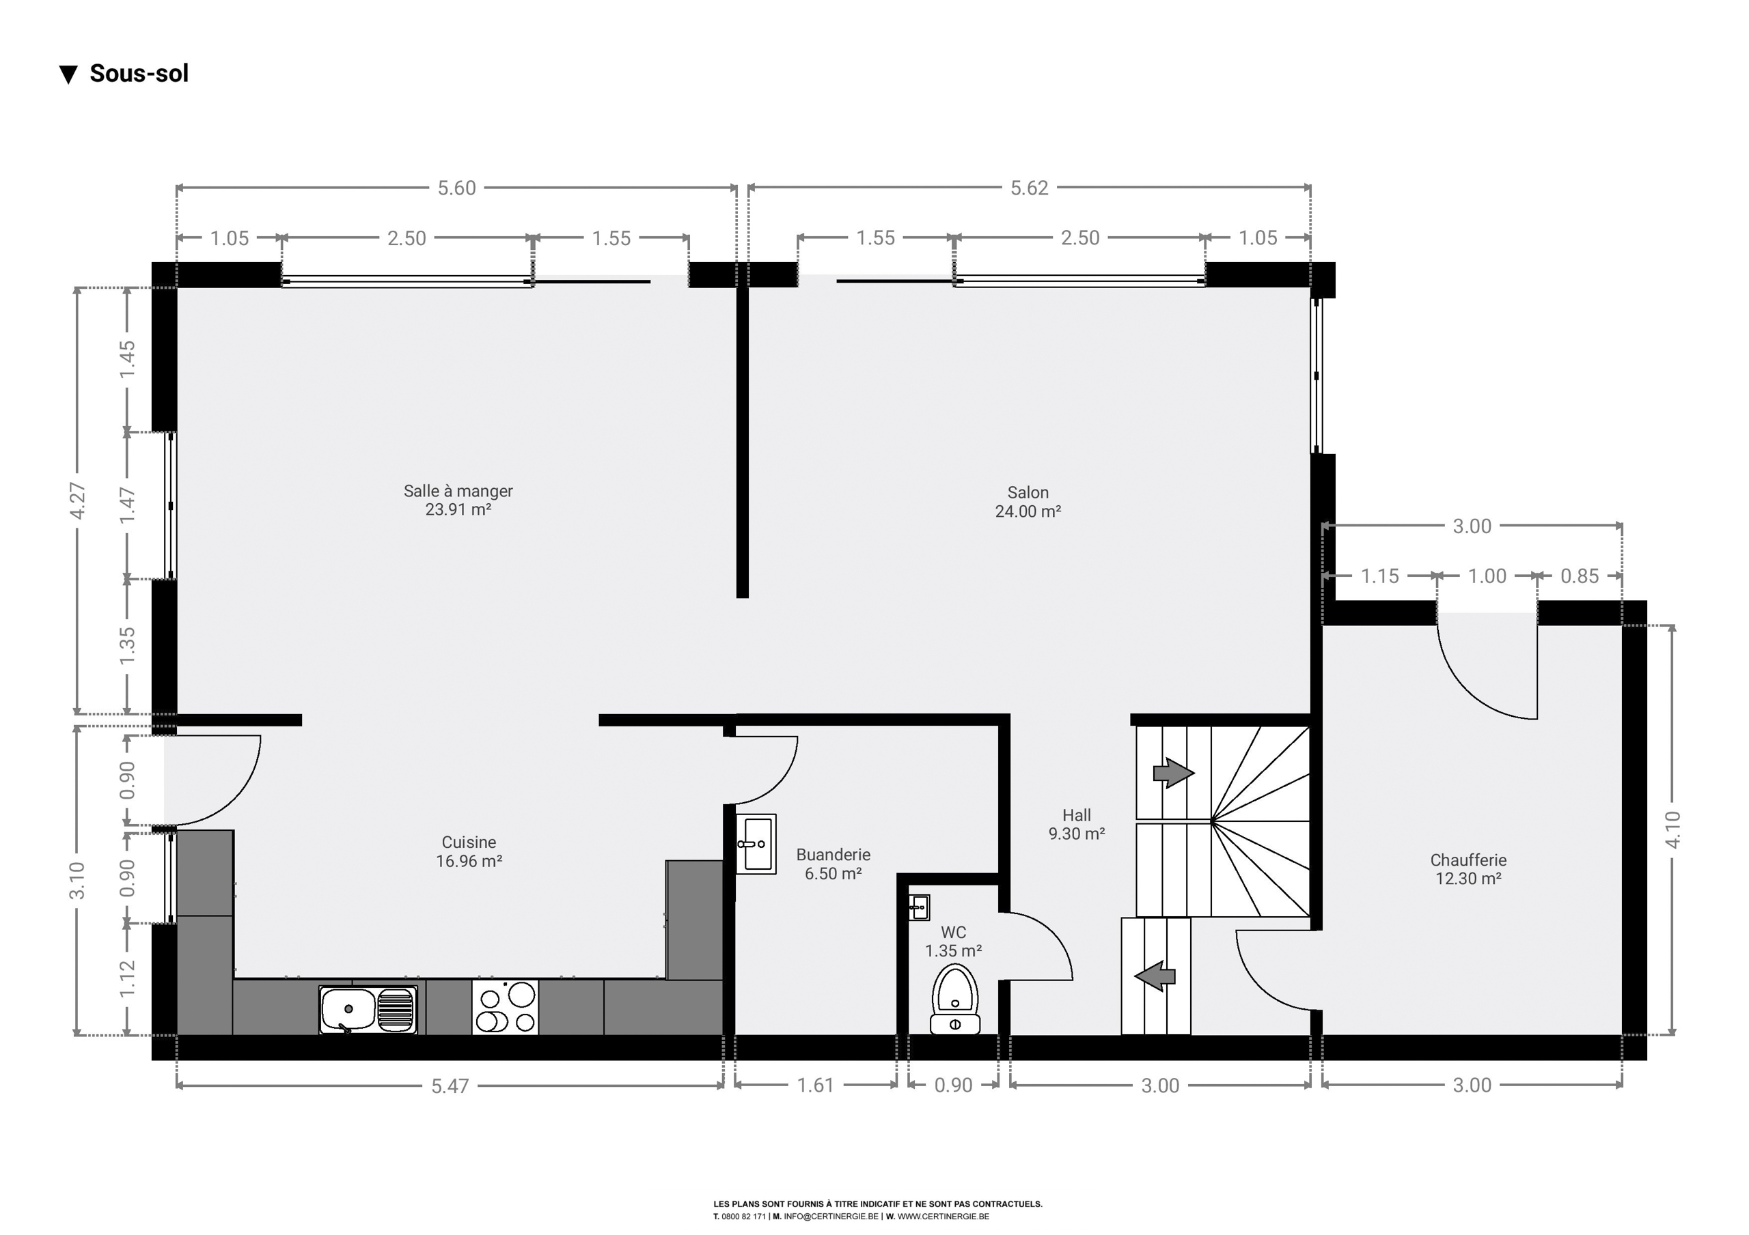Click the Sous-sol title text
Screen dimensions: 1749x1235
coord(139,73)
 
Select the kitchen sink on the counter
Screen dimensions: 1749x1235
coord(368,1010)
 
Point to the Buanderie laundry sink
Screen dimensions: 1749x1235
coord(756,844)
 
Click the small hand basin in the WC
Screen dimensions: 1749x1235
coord(919,907)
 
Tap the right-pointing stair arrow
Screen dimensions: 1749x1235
coord(1173,773)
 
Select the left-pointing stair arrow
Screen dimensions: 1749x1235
coord(1155,976)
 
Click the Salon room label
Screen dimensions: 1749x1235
coord(1028,493)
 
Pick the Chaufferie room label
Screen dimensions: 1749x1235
coord(1468,860)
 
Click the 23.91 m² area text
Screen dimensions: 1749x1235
coord(458,509)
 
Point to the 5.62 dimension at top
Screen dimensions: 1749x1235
coord(1029,188)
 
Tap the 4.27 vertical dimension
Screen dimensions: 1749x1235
coord(78,501)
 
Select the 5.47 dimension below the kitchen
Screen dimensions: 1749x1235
coord(450,1085)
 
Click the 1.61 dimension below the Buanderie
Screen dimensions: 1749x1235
coord(816,1085)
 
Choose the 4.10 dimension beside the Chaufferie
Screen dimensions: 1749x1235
coord(1673,829)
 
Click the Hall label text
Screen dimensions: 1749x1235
coord(1076,815)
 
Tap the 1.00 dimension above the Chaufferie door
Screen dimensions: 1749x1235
coord(1487,576)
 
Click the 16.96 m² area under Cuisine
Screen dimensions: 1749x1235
coord(469,861)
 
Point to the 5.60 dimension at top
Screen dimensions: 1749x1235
coord(456,188)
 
